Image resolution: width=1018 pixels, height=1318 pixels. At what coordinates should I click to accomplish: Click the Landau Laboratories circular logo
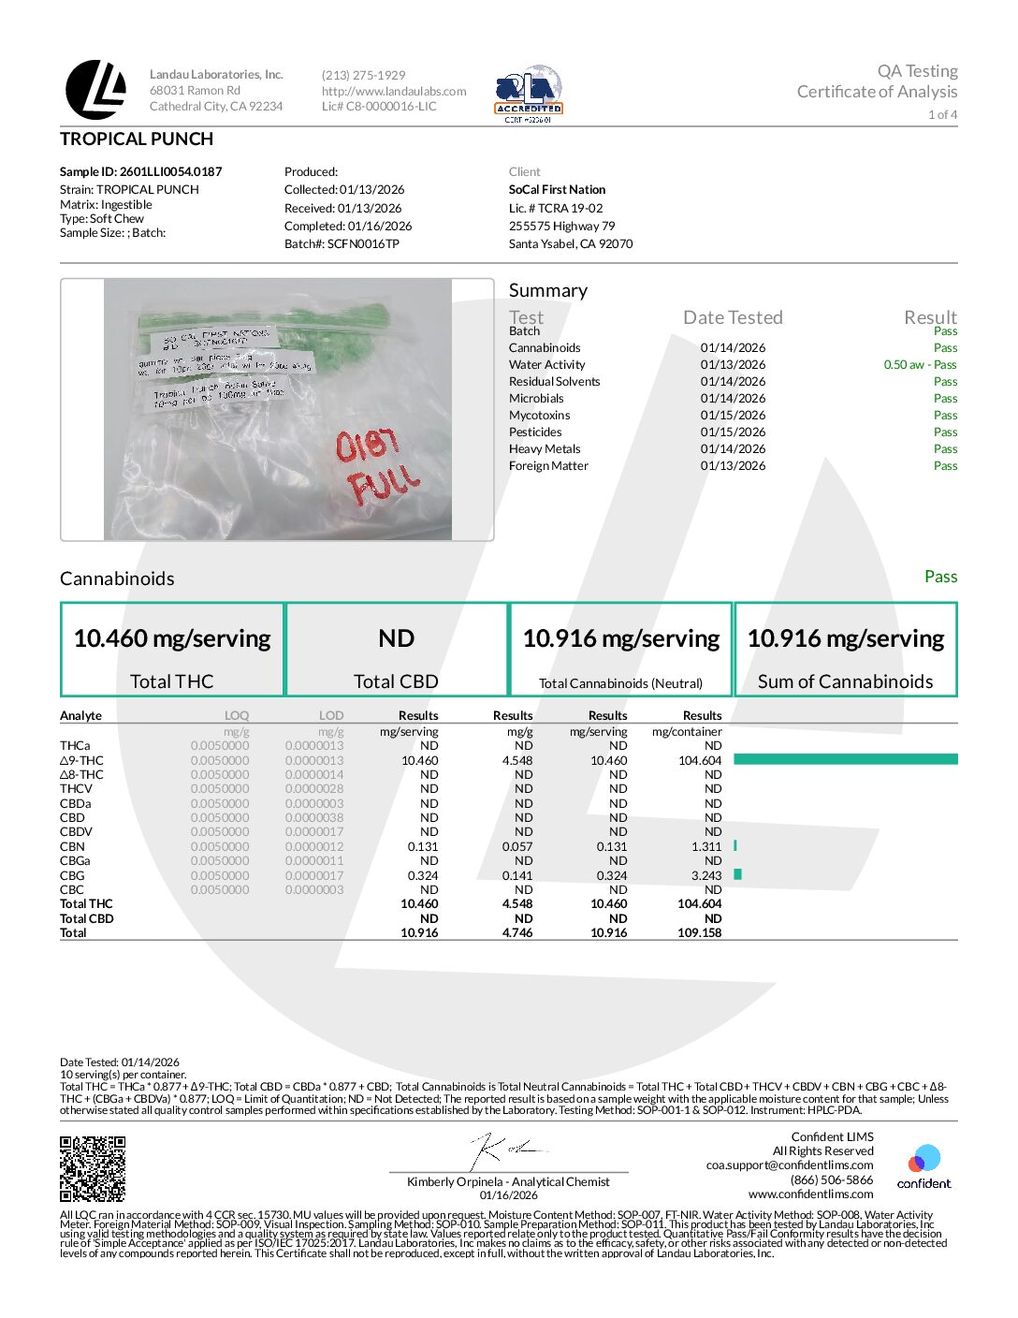95,90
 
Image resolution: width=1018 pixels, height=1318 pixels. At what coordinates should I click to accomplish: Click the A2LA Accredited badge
529,94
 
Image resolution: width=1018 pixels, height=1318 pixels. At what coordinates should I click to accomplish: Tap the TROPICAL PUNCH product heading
137,139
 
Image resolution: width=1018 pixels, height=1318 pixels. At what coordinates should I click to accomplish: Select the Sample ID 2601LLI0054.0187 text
141,171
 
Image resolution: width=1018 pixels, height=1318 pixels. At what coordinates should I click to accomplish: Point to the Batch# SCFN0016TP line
342,243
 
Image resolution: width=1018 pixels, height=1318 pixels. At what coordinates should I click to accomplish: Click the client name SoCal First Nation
557,189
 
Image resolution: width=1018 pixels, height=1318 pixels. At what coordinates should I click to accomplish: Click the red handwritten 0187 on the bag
367,445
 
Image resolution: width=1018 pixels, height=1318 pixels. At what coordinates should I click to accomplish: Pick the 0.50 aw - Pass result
920,364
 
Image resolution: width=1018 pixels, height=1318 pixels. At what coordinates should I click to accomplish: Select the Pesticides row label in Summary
535,432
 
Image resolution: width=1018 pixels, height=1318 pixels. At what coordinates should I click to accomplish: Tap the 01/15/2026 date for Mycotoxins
733,415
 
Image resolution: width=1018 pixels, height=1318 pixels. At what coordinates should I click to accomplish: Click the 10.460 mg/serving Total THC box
172,650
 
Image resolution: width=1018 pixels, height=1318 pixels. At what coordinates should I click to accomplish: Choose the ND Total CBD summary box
396,650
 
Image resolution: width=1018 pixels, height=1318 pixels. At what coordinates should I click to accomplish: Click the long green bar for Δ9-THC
845,759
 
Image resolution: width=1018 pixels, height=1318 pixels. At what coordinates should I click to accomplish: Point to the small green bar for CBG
738,874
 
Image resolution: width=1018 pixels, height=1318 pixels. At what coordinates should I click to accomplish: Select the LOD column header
331,715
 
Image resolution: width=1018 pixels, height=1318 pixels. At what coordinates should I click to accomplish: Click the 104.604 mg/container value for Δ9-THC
700,760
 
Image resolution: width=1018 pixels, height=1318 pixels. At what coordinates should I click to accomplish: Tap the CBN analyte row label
73,846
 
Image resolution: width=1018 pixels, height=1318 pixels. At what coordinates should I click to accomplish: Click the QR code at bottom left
93,1168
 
